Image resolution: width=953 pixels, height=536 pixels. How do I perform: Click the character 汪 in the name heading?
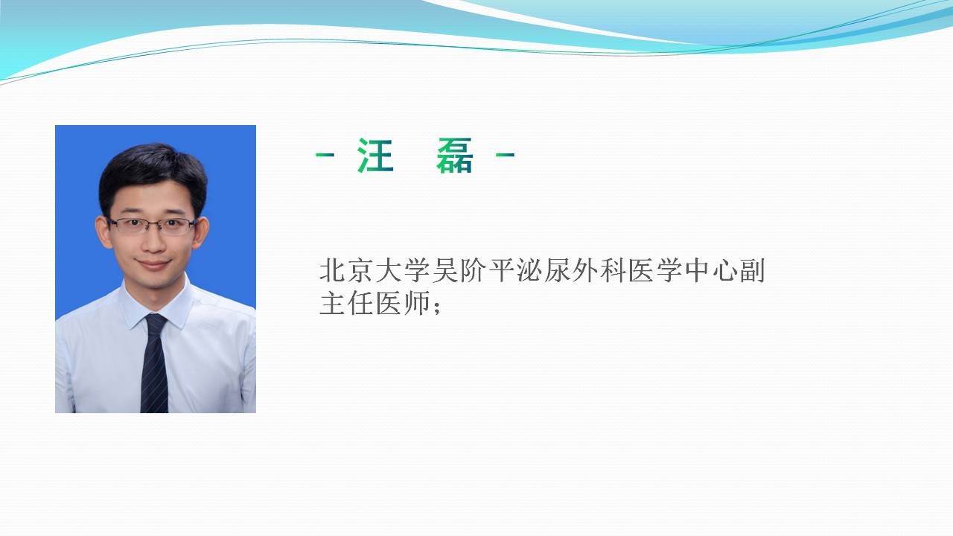tap(375, 156)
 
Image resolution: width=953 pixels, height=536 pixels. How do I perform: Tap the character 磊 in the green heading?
tap(454, 156)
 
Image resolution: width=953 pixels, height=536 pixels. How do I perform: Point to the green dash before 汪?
tap(325, 155)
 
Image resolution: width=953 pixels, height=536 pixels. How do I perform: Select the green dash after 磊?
tap(506, 155)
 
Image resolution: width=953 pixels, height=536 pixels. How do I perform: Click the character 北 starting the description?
tap(332, 270)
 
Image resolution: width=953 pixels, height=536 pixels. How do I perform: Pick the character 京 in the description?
tap(360, 270)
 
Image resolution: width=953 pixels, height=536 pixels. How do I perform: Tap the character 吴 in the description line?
tap(444, 270)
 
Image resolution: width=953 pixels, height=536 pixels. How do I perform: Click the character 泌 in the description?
tap(529, 270)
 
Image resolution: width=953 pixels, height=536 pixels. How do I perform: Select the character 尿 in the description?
tap(556, 270)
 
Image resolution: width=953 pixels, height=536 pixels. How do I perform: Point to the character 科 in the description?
tap(613, 270)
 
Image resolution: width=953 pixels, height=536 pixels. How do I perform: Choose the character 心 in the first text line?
tap(725, 270)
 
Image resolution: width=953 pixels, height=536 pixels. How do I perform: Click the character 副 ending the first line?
tap(753, 270)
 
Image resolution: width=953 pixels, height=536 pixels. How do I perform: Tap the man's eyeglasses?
tap(152, 226)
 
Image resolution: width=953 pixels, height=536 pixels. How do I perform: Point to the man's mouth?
tap(153, 264)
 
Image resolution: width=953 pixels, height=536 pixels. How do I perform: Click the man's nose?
tap(153, 242)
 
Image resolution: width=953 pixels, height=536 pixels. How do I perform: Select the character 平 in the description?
tap(500, 270)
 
